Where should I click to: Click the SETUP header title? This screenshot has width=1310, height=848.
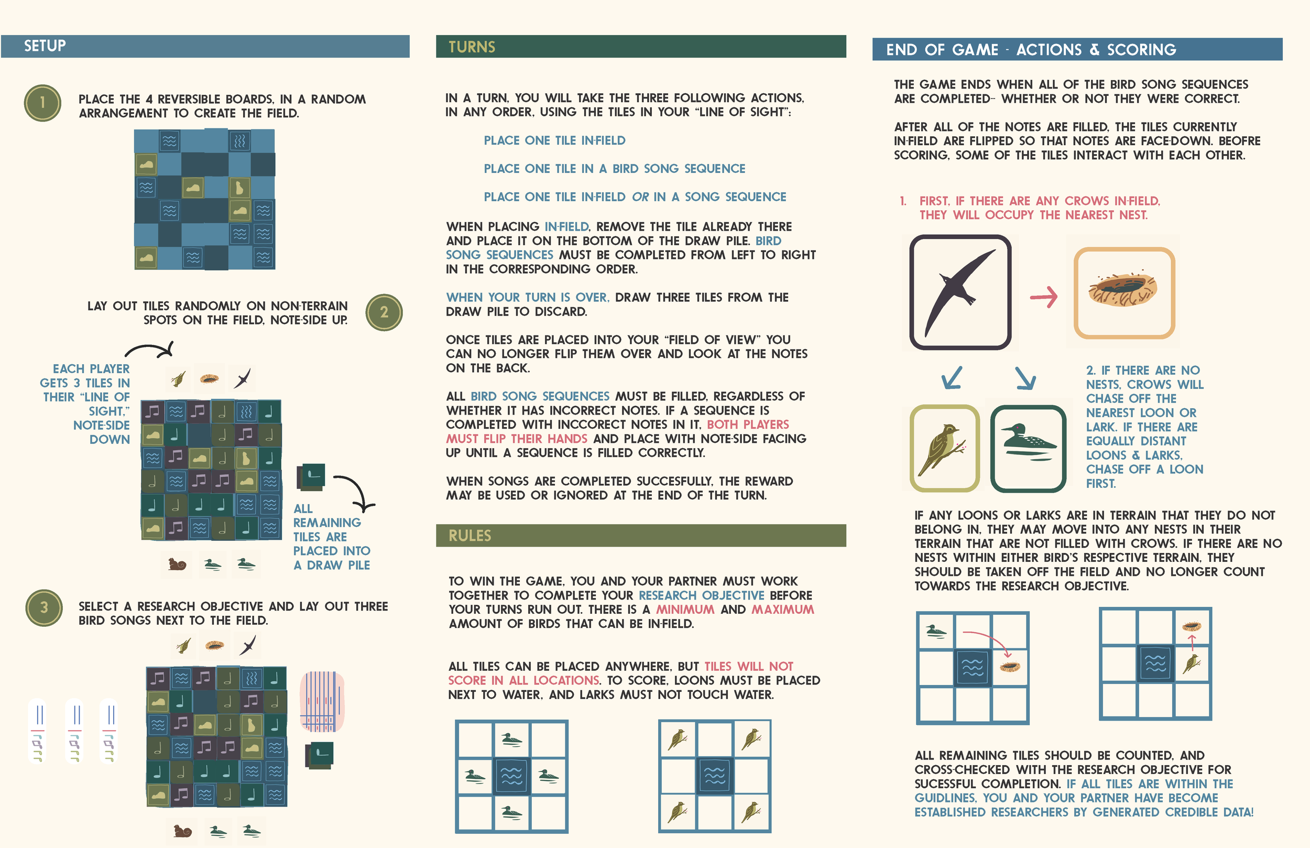[x=45, y=46]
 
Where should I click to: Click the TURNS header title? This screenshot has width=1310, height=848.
[x=472, y=47]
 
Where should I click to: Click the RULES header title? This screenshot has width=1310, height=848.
[x=470, y=536]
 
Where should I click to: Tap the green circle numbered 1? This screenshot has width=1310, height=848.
[x=42, y=103]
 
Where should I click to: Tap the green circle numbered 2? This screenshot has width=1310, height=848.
[x=384, y=312]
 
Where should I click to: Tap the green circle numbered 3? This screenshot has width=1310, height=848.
[x=43, y=608]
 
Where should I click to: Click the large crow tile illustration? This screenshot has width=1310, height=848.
[x=960, y=292]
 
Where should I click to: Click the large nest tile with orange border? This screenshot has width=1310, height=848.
[x=1124, y=293]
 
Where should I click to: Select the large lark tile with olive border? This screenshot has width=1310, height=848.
[x=945, y=448]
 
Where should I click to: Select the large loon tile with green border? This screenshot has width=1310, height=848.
[x=1028, y=448]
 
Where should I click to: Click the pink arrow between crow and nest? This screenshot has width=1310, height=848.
[x=1044, y=297]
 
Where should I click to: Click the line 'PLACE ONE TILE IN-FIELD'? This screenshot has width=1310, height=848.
[x=554, y=140]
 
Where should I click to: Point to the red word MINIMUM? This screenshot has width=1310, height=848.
[x=685, y=610]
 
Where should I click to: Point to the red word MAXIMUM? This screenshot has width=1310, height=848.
[x=782, y=610]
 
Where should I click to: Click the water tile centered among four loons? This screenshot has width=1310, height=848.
[x=511, y=776]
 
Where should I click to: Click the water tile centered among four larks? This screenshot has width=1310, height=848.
[x=714, y=776]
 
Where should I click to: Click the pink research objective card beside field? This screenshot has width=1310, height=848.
[x=322, y=702]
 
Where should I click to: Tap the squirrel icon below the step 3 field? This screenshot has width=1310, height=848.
[x=182, y=831]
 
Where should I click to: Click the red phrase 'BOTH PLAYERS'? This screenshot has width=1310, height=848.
[x=747, y=425]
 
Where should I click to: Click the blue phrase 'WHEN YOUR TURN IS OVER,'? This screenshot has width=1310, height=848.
[x=527, y=297]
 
